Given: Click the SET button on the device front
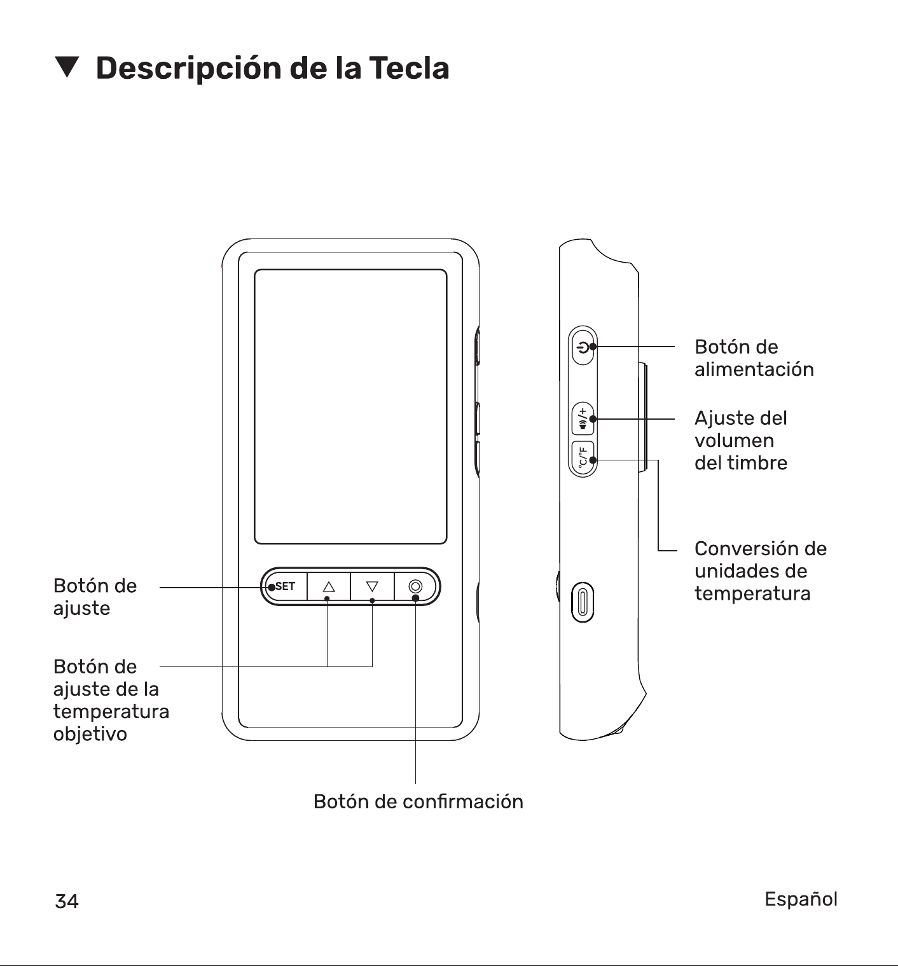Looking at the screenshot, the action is pos(284,586).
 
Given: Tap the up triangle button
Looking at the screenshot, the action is pos(329,586).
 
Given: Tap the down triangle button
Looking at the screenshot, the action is pos(372,586).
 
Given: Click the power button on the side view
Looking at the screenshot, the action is pos(583,347).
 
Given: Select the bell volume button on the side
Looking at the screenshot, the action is pos(583,419).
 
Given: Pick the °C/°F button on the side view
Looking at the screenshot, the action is pos(583,458).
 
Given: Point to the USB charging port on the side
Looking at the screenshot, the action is pos(583,602).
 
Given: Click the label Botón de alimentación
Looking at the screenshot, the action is pos(754,358).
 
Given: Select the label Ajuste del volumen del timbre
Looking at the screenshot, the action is pos(741,440).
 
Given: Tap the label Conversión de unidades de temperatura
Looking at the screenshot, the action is pos(761,571).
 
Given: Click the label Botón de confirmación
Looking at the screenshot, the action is pos(418,801).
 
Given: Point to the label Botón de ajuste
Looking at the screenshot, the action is pos(95,597).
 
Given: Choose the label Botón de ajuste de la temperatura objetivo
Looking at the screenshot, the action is pos(111,700).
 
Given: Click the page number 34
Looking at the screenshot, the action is pos(67,901).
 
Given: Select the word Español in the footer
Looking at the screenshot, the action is pos(801,899).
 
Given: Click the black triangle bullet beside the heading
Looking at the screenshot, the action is pos(67,67).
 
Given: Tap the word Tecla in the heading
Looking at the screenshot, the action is pos(409,68).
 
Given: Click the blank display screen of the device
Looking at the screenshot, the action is pos(350,406).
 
